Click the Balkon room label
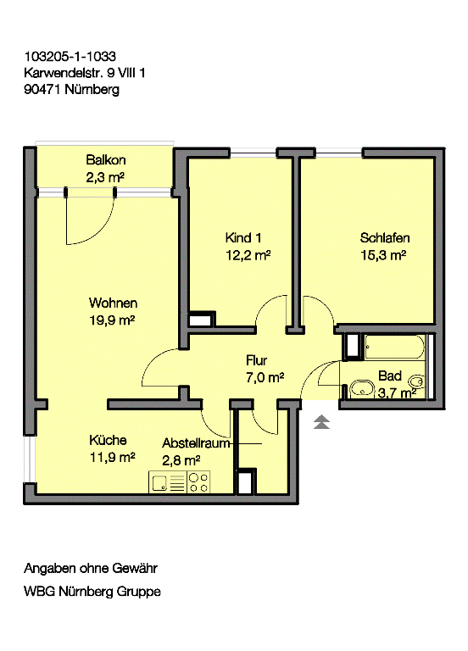(x=105, y=159)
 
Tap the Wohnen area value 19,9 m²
(x=112, y=320)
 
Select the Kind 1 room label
(x=243, y=237)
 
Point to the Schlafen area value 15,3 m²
(x=383, y=255)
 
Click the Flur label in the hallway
(x=256, y=360)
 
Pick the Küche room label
(x=108, y=440)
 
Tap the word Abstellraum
(x=196, y=443)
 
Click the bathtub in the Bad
(x=394, y=347)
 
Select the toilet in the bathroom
(x=416, y=381)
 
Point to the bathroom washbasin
(x=362, y=388)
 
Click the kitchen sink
(x=160, y=482)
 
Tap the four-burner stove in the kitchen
(x=198, y=482)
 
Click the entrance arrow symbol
(x=321, y=421)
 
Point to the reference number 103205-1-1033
(x=70, y=56)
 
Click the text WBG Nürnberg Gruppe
(x=92, y=591)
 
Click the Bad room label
(x=390, y=376)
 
